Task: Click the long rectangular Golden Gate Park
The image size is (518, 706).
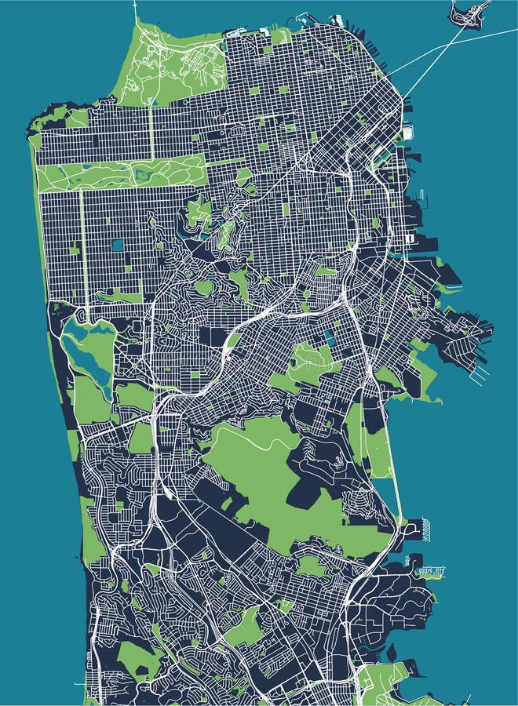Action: pyautogui.click(x=118, y=174)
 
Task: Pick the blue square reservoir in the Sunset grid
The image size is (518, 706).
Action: pyautogui.click(x=117, y=245)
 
